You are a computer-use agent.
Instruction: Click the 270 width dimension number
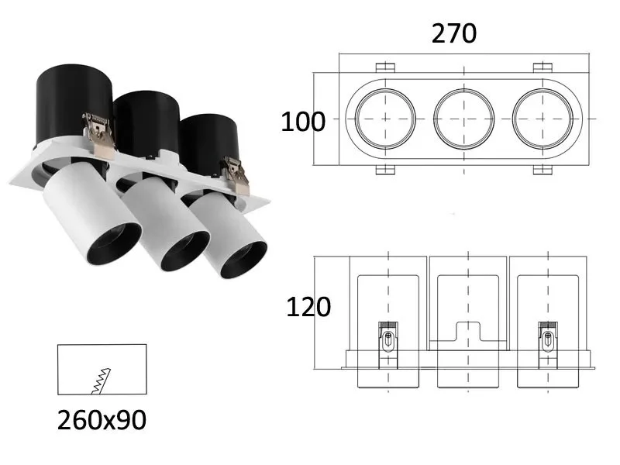(454, 33)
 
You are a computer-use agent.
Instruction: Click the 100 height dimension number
(303, 122)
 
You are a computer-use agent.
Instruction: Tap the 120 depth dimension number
(308, 307)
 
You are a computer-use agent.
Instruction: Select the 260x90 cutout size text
(102, 420)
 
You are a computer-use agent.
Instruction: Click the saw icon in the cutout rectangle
(102, 381)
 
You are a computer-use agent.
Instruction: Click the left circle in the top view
(385, 119)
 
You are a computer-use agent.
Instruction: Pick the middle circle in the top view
(463, 119)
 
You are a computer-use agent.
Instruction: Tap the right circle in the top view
(542, 119)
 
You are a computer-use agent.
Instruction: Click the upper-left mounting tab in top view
(385, 67)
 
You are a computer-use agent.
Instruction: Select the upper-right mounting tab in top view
(542, 67)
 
